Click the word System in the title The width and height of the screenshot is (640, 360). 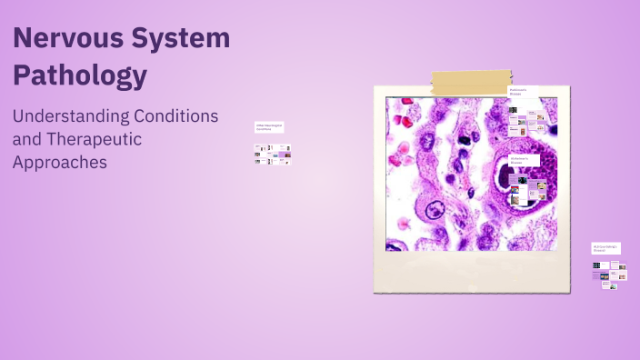[181, 39]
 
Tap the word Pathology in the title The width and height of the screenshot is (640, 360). [80, 75]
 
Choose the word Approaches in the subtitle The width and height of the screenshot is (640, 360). [60, 163]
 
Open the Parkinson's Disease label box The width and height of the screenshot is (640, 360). [522, 92]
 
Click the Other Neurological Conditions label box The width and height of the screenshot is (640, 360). [269, 128]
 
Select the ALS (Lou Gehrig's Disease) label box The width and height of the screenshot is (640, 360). [605, 247]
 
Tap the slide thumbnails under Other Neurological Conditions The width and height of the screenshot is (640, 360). [272, 155]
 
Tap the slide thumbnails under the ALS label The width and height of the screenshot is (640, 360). [608, 274]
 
